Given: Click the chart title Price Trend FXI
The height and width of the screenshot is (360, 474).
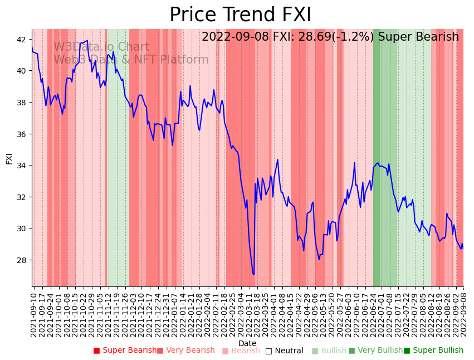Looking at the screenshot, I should click(240, 15).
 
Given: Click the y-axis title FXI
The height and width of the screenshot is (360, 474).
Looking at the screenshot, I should click(9, 158).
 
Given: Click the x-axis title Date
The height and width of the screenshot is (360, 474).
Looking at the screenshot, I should click(247, 344).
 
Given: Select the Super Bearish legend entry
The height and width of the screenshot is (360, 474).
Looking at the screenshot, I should click(125, 351).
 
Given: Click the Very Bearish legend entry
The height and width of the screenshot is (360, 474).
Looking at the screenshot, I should click(186, 351).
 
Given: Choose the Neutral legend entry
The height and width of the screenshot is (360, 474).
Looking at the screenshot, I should click(285, 351).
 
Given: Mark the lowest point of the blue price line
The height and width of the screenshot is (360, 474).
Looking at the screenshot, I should click(254, 274).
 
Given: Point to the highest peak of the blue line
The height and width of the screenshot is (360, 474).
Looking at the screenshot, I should click(87, 40).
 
